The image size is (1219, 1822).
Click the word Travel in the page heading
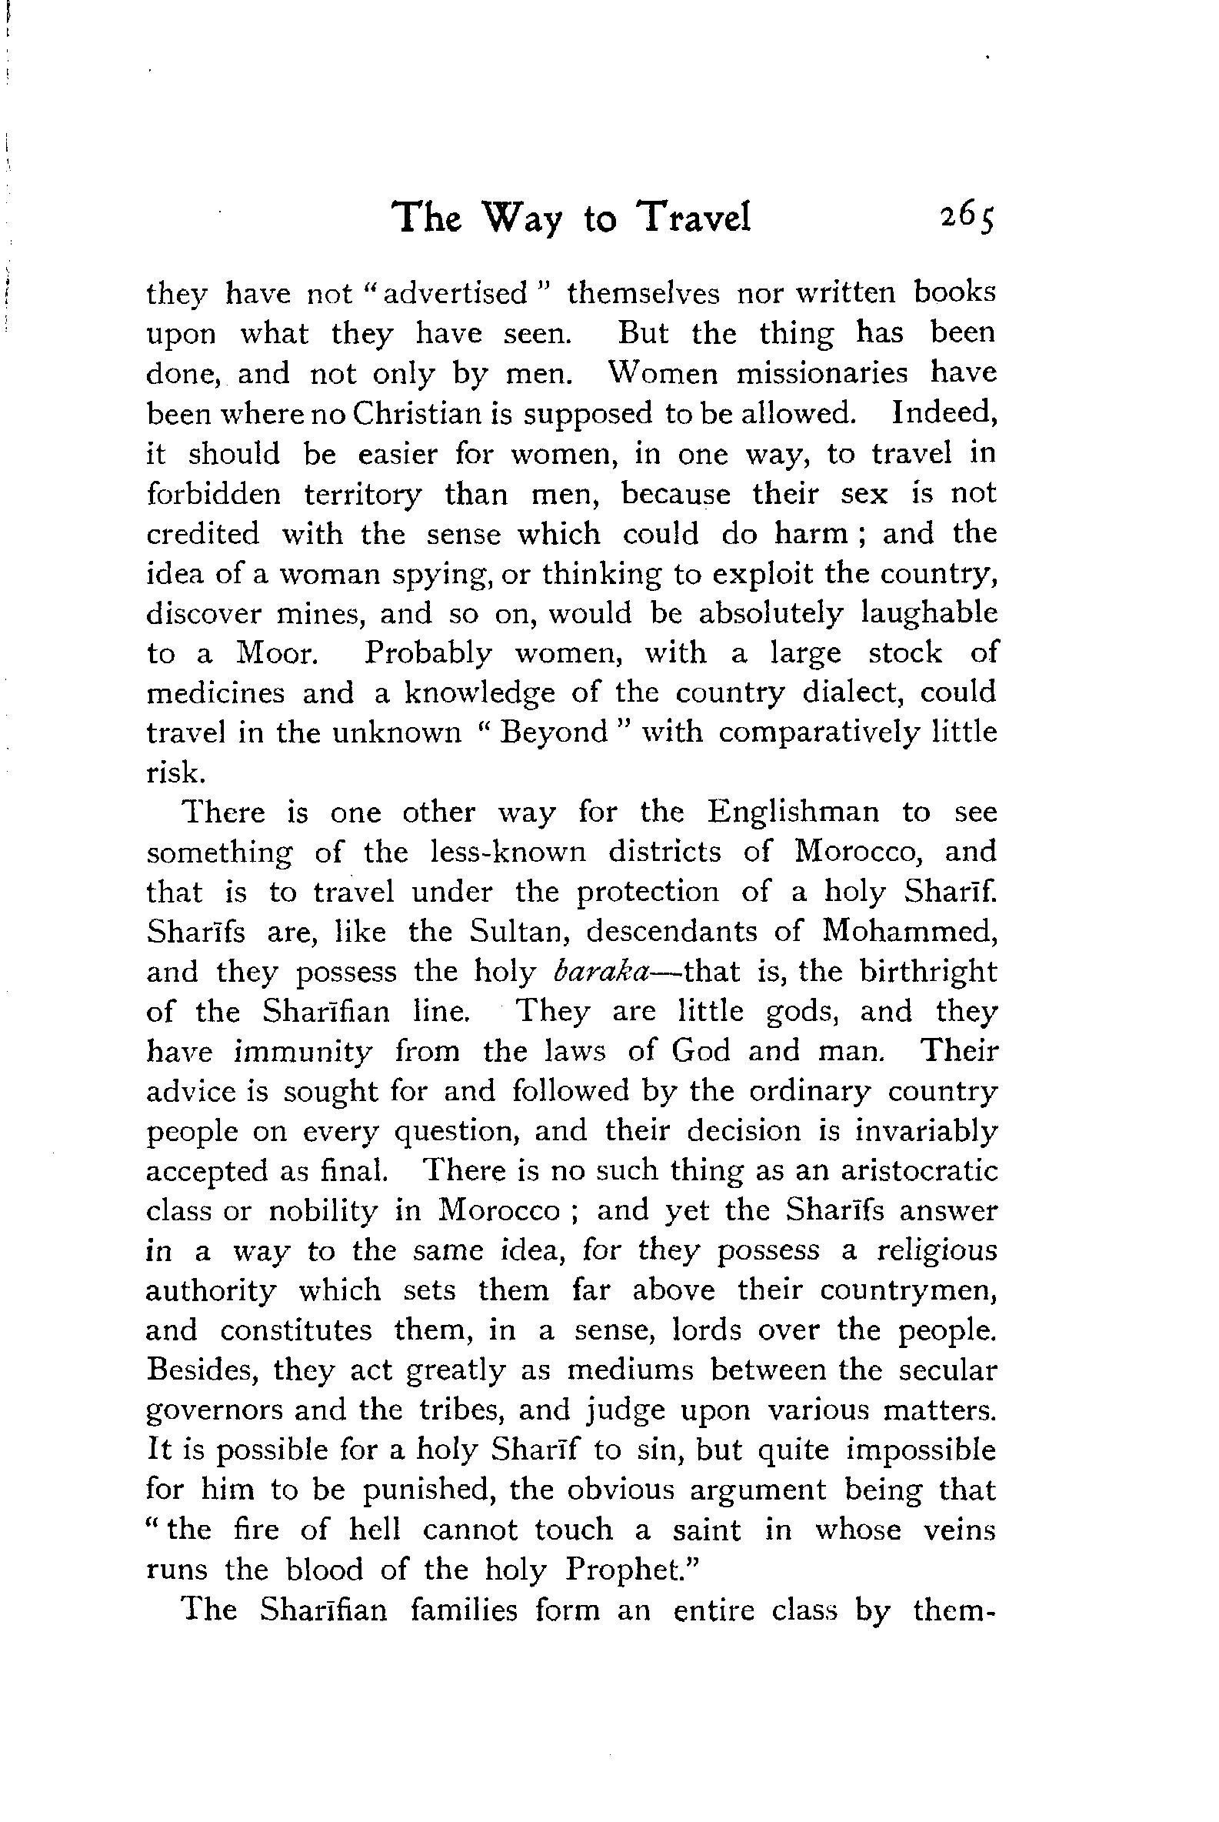pyautogui.click(x=694, y=217)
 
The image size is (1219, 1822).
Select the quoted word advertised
pyautogui.click(x=455, y=294)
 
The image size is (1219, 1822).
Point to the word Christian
pyautogui.click(x=417, y=414)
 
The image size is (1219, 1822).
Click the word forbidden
pyautogui.click(x=214, y=494)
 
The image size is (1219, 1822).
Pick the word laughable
pyautogui.click(x=929, y=613)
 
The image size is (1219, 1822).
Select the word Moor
pyautogui.click(x=277, y=654)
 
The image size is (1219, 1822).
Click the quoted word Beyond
pyautogui.click(x=554, y=733)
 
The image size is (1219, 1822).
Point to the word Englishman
pyautogui.click(x=794, y=813)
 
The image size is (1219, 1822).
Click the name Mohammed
pyautogui.click(x=909, y=932)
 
